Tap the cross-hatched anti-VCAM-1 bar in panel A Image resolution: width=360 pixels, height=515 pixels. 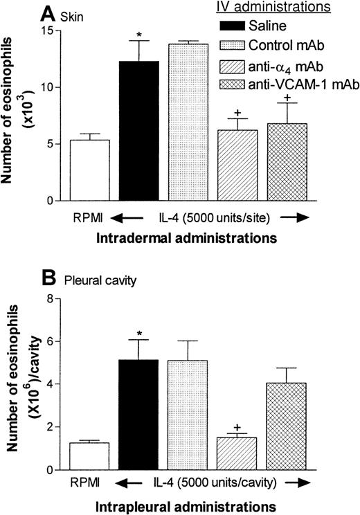(x=287, y=162)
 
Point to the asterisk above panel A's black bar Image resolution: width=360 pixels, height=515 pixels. (x=140, y=34)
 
